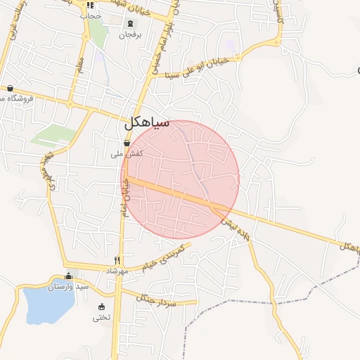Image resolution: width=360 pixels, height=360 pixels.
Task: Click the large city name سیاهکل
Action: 147,123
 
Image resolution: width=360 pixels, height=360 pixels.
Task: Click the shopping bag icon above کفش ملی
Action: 127,143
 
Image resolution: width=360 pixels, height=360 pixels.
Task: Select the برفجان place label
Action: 130,34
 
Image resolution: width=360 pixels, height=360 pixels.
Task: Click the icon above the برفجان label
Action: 130,24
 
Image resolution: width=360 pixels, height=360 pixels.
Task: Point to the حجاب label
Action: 91,15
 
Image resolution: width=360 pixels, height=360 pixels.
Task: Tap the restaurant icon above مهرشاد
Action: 117,259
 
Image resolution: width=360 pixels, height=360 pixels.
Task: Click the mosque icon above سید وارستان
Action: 68,276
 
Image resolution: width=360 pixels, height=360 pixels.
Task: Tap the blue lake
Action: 42,302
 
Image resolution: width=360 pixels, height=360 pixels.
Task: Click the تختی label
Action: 101,317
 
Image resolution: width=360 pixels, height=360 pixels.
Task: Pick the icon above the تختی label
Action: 101,307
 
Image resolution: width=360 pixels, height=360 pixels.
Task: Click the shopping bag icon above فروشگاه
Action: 10,88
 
